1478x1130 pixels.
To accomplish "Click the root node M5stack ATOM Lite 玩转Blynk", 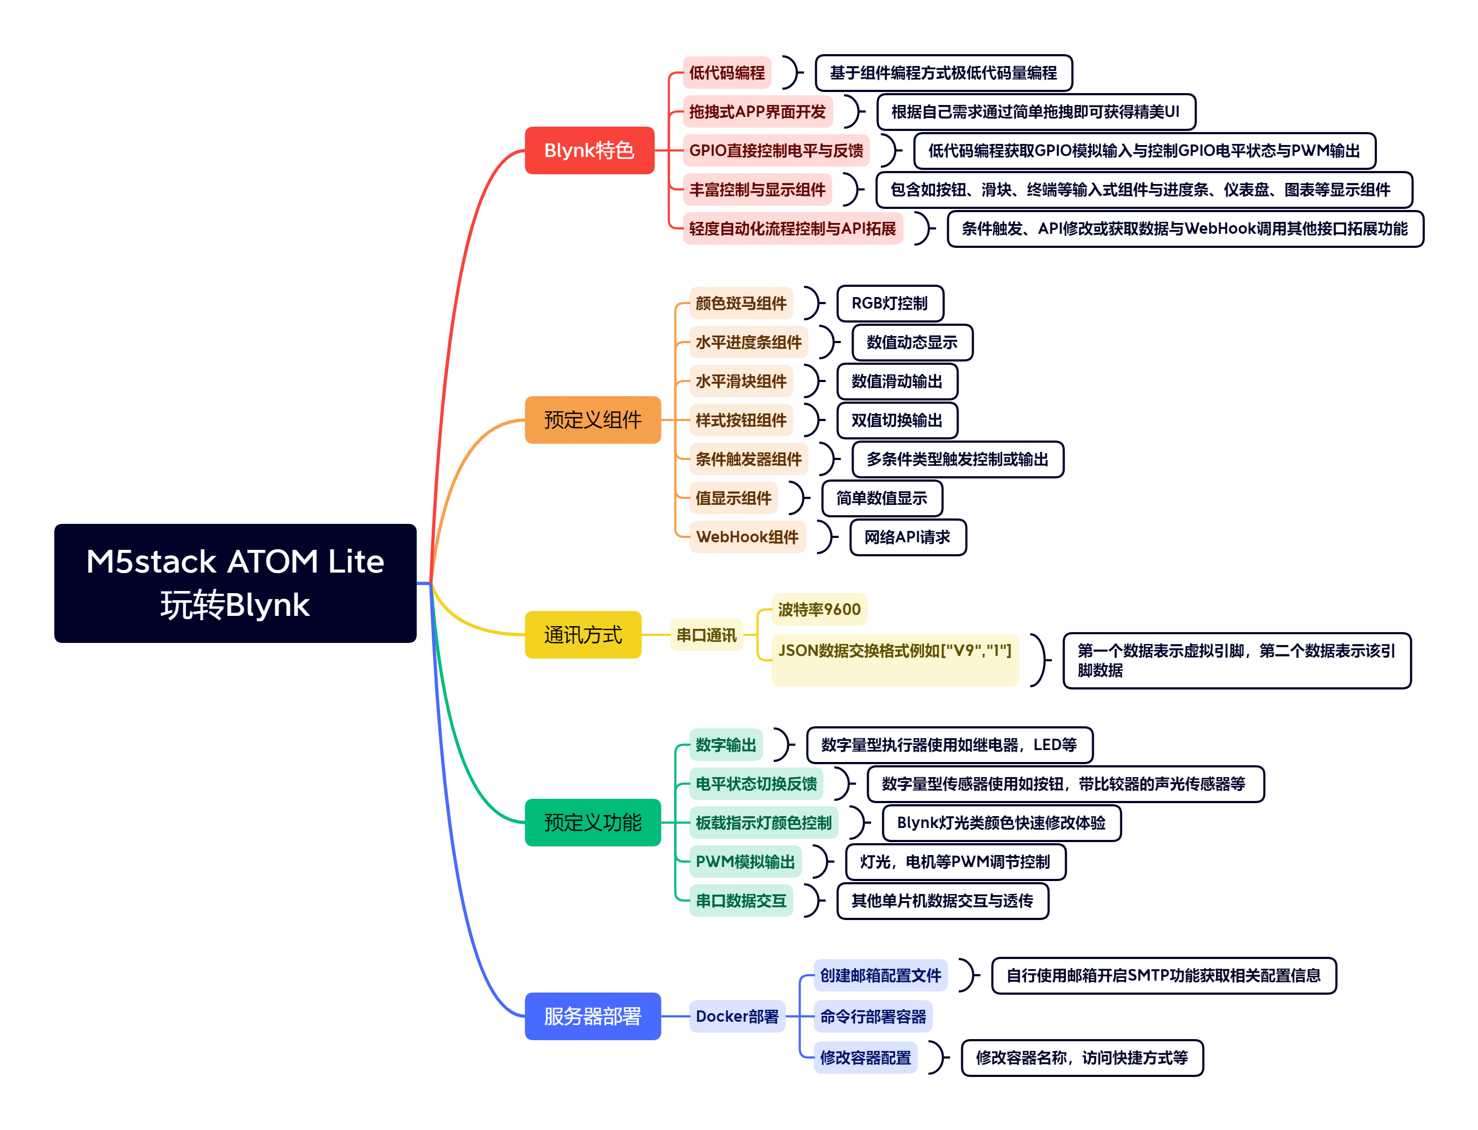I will (235, 582).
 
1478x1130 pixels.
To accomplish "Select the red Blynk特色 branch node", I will (589, 150).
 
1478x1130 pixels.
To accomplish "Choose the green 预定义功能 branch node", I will (592, 822).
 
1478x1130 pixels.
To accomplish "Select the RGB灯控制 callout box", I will (889, 304).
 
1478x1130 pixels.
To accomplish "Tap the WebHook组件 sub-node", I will (747, 536).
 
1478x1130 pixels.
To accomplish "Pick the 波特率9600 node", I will (819, 609).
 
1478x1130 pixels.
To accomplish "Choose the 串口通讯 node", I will (705, 634).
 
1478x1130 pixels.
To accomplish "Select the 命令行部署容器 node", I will (872, 1016).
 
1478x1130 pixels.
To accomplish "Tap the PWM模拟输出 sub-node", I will (744, 861).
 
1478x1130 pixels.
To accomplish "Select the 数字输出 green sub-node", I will (725, 744).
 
